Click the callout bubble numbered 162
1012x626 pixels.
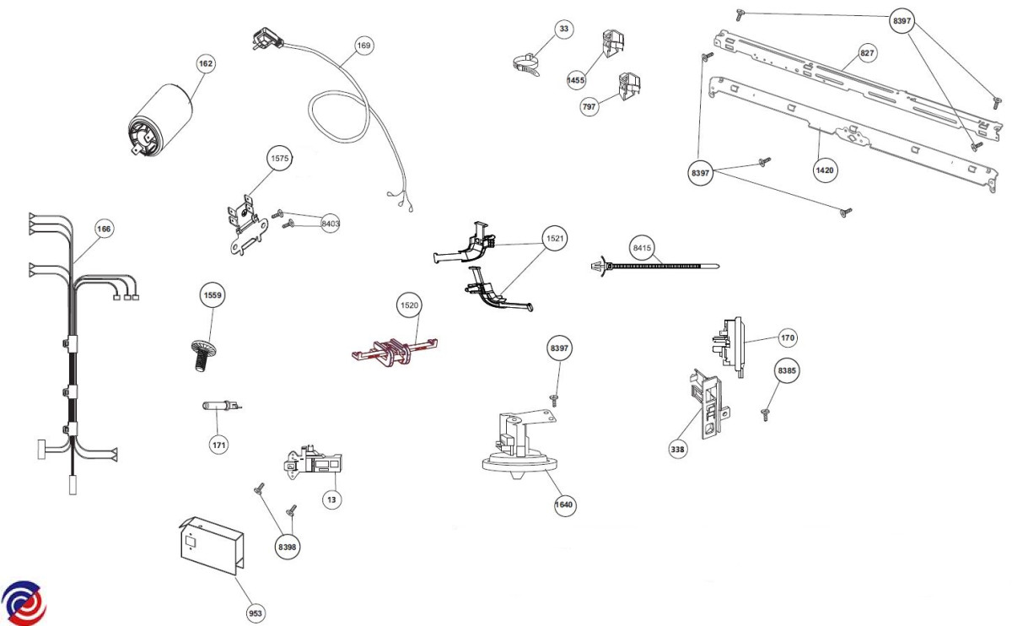tap(206, 64)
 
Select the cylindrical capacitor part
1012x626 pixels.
tap(159, 121)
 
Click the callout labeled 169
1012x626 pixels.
tap(363, 46)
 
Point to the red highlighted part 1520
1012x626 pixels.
tap(395, 351)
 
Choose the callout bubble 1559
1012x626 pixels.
tap(213, 295)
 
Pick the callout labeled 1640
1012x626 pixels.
tap(564, 505)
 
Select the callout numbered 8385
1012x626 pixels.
tap(787, 370)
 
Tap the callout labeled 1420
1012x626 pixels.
tap(825, 170)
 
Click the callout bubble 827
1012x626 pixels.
tap(867, 53)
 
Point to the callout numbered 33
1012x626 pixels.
tap(564, 29)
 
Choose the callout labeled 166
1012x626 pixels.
tap(103, 229)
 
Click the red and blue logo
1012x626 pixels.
tap(24, 602)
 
